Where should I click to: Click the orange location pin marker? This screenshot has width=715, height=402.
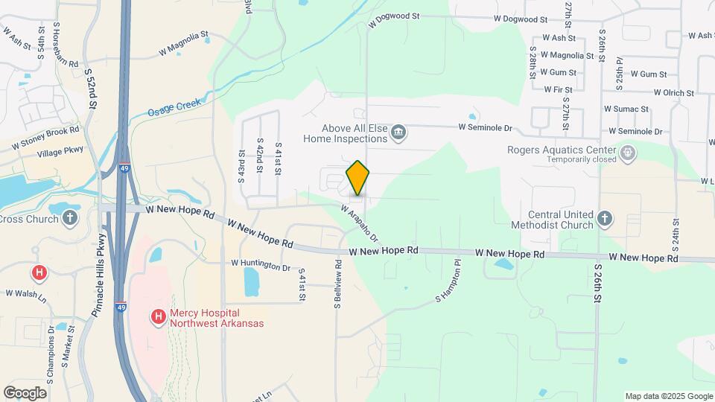coord(357,178)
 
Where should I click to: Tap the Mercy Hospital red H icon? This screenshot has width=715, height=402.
coord(158,318)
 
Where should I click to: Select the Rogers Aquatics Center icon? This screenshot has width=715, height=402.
coord(628,153)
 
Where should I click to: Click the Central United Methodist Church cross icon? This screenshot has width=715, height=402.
coord(605,220)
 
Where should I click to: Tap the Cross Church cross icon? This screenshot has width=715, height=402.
coord(70,218)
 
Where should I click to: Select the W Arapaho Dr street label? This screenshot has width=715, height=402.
coord(360,223)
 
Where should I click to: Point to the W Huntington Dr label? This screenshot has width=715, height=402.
coord(261,264)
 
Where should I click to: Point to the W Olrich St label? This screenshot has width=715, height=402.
coord(673,93)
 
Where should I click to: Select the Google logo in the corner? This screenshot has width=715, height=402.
coord(25,392)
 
